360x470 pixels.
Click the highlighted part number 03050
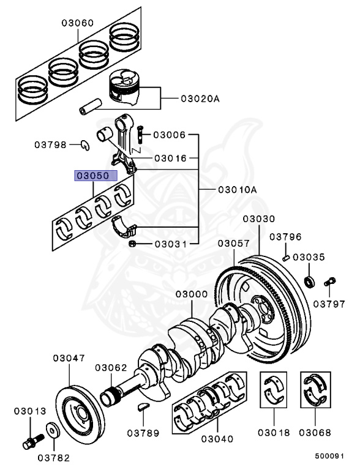[92, 176]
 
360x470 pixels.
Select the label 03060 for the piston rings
[77, 23]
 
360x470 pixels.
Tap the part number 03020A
[199, 98]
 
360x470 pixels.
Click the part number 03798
[51, 145]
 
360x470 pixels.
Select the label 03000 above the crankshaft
[192, 294]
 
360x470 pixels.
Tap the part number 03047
[69, 357]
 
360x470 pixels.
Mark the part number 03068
[315, 433]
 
